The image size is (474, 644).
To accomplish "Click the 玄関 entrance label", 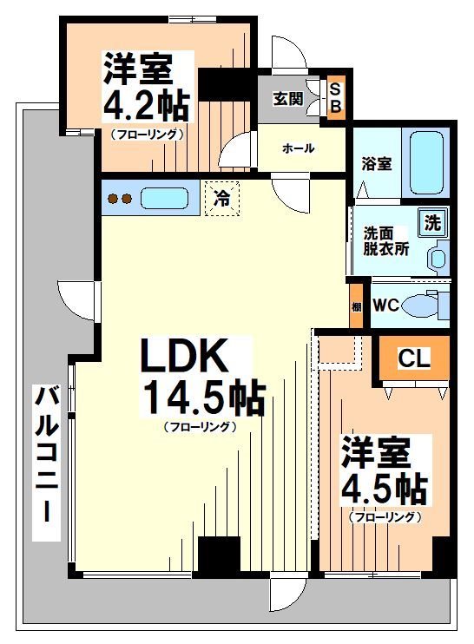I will coord(288,98).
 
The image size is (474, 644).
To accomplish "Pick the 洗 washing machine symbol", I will coord(431,221).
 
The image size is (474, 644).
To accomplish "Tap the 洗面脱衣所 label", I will coord(385,239).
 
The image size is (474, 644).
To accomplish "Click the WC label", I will coord(385,305).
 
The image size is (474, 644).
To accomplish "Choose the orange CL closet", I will coord(412,358).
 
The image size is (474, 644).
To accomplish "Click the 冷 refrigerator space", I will coord(222,198).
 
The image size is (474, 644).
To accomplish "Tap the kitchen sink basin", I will coord(164,199).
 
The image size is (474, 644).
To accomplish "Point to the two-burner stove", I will coord(120,199).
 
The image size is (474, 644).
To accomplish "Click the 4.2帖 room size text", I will coord(146,106).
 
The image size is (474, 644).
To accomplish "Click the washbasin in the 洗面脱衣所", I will coord(436,258).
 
